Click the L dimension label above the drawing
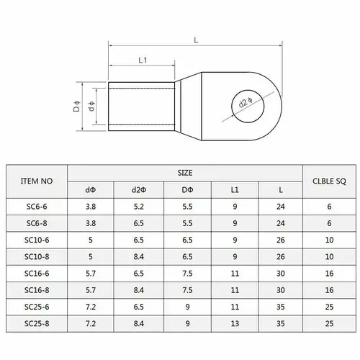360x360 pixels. coord(196,40)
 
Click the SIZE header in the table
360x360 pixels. coord(186,174)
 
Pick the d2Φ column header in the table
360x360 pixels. coord(138,190)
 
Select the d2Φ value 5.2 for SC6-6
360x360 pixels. coord(138,207)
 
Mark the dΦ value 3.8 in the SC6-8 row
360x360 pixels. coord(91,223)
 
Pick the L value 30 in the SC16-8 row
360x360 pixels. coord(281,289)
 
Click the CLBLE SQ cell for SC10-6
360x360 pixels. coord(330,240)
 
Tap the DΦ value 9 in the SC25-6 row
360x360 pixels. coord(186,305)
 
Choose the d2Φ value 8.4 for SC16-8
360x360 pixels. coord(138,289)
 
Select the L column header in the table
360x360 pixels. coord(281,190)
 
